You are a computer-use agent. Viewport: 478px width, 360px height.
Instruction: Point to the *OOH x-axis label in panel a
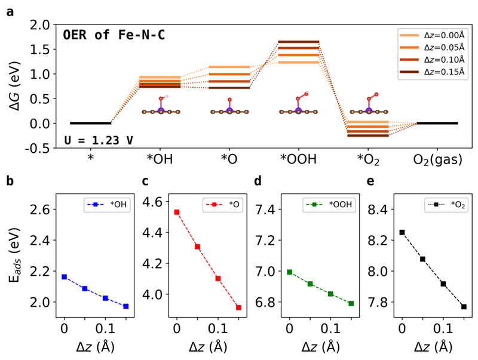coord(298,161)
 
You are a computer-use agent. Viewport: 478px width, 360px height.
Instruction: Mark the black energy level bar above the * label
coord(91,123)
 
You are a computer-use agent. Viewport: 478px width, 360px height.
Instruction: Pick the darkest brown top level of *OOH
coord(298,42)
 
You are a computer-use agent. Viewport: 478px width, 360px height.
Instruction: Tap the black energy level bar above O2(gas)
coord(437,123)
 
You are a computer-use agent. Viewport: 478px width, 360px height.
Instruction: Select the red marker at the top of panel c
coord(177,212)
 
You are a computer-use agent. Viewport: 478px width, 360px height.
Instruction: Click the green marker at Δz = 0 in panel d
coord(290,272)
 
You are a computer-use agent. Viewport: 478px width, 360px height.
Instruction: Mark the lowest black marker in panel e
coord(464,306)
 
